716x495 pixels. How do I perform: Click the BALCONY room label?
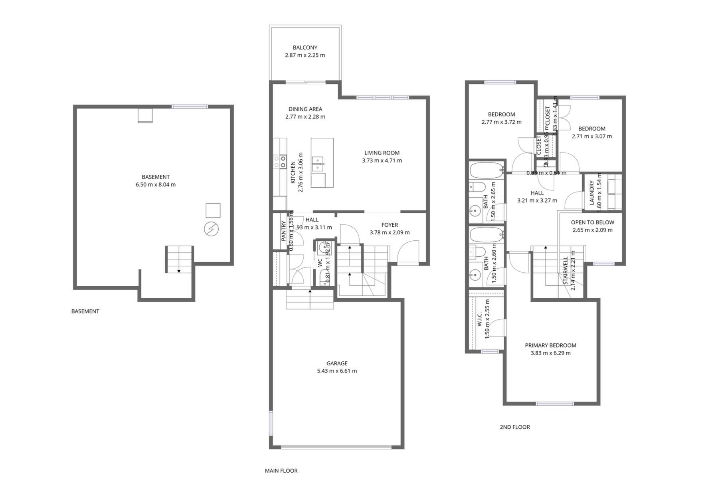click(305, 48)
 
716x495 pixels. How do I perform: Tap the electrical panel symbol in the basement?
click(211, 229)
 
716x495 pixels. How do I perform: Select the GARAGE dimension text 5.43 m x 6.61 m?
click(337, 371)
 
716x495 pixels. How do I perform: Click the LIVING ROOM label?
click(382, 153)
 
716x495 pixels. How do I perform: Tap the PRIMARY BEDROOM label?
click(550, 345)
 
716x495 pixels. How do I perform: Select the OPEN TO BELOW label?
click(592, 222)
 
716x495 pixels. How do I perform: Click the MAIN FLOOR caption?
click(281, 471)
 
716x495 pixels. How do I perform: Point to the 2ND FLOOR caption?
click(514, 427)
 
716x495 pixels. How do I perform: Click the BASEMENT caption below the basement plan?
click(85, 311)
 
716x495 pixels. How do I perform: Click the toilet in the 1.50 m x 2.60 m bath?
click(477, 252)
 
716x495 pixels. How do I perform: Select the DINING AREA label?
click(305, 109)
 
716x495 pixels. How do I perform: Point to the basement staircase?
click(179, 259)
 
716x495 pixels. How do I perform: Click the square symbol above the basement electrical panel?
click(213, 210)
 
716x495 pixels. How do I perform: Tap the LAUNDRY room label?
click(592, 193)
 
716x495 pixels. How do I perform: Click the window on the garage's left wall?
click(271, 423)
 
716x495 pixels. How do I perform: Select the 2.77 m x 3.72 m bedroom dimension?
click(501, 122)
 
